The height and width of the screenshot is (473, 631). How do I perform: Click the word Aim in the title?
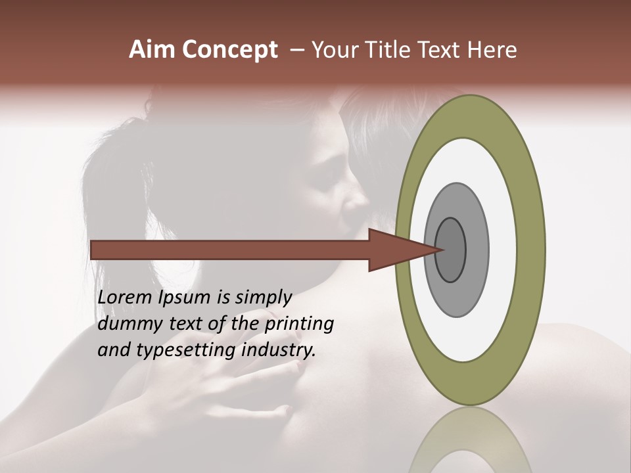[x=152, y=50]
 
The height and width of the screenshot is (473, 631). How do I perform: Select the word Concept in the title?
[x=230, y=51]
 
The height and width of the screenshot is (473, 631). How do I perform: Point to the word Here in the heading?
[x=492, y=50]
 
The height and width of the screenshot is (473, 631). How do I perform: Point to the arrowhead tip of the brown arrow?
[x=443, y=250]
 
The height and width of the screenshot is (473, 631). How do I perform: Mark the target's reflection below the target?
[x=470, y=443]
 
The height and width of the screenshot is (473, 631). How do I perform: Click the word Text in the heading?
[x=448, y=50]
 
